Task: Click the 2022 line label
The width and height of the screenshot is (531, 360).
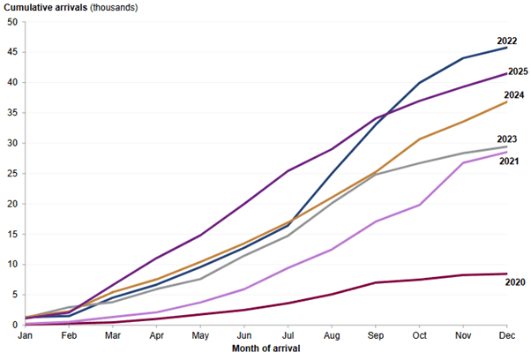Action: pos(507,41)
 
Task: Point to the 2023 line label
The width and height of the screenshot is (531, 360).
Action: pos(507,139)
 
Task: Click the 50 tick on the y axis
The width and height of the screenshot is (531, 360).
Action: pos(12,22)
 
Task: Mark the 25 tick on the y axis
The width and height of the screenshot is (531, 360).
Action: pos(12,174)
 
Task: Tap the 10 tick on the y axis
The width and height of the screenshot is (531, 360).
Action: pos(12,265)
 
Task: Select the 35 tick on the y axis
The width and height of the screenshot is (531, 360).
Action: pos(12,113)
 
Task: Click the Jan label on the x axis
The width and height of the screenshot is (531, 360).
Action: pos(26,336)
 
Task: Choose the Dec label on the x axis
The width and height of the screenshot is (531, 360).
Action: pos(506,336)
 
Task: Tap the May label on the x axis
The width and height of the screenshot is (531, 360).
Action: pos(200,336)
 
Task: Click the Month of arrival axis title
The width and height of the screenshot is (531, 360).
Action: pos(265,349)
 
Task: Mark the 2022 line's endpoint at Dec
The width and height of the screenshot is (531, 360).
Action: pos(506,48)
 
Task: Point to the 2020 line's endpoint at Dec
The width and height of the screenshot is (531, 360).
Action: pos(506,274)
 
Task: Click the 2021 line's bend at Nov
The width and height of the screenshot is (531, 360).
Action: pos(463,163)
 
